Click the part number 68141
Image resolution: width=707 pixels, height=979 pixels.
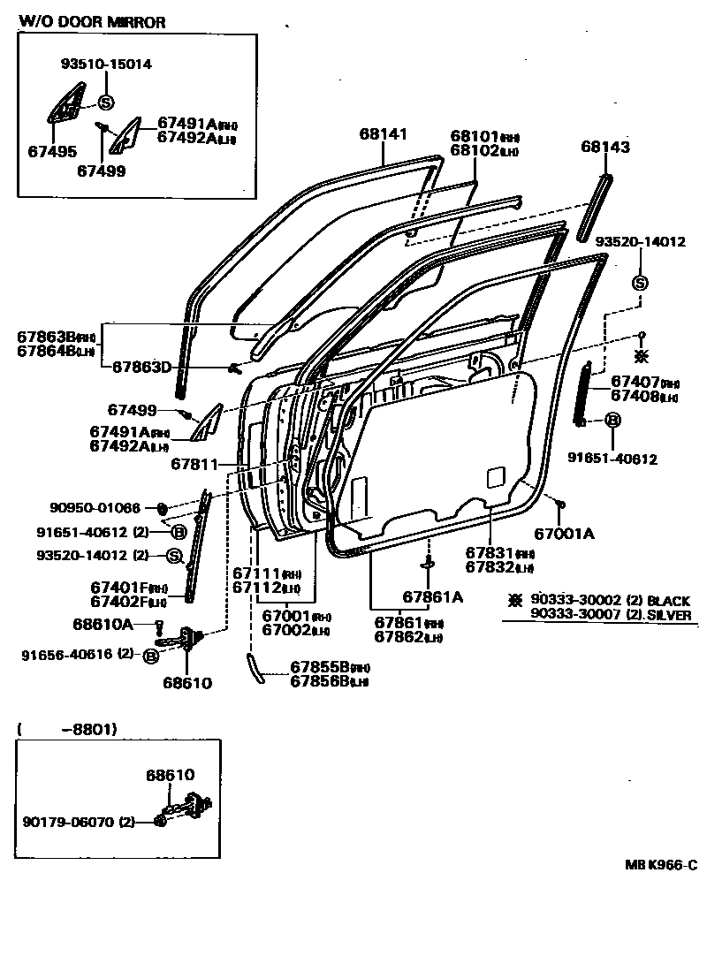[x=383, y=134]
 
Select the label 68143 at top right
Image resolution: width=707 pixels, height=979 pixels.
[x=605, y=148]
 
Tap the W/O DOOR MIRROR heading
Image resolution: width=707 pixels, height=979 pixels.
[x=92, y=22]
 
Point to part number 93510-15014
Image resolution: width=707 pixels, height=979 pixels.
[x=106, y=64]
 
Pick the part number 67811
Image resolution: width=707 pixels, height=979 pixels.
[x=194, y=463]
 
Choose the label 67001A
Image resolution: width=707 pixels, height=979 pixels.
[x=564, y=533]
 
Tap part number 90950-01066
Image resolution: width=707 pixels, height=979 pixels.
[x=95, y=507]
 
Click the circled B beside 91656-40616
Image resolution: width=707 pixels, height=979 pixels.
[x=151, y=656]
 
